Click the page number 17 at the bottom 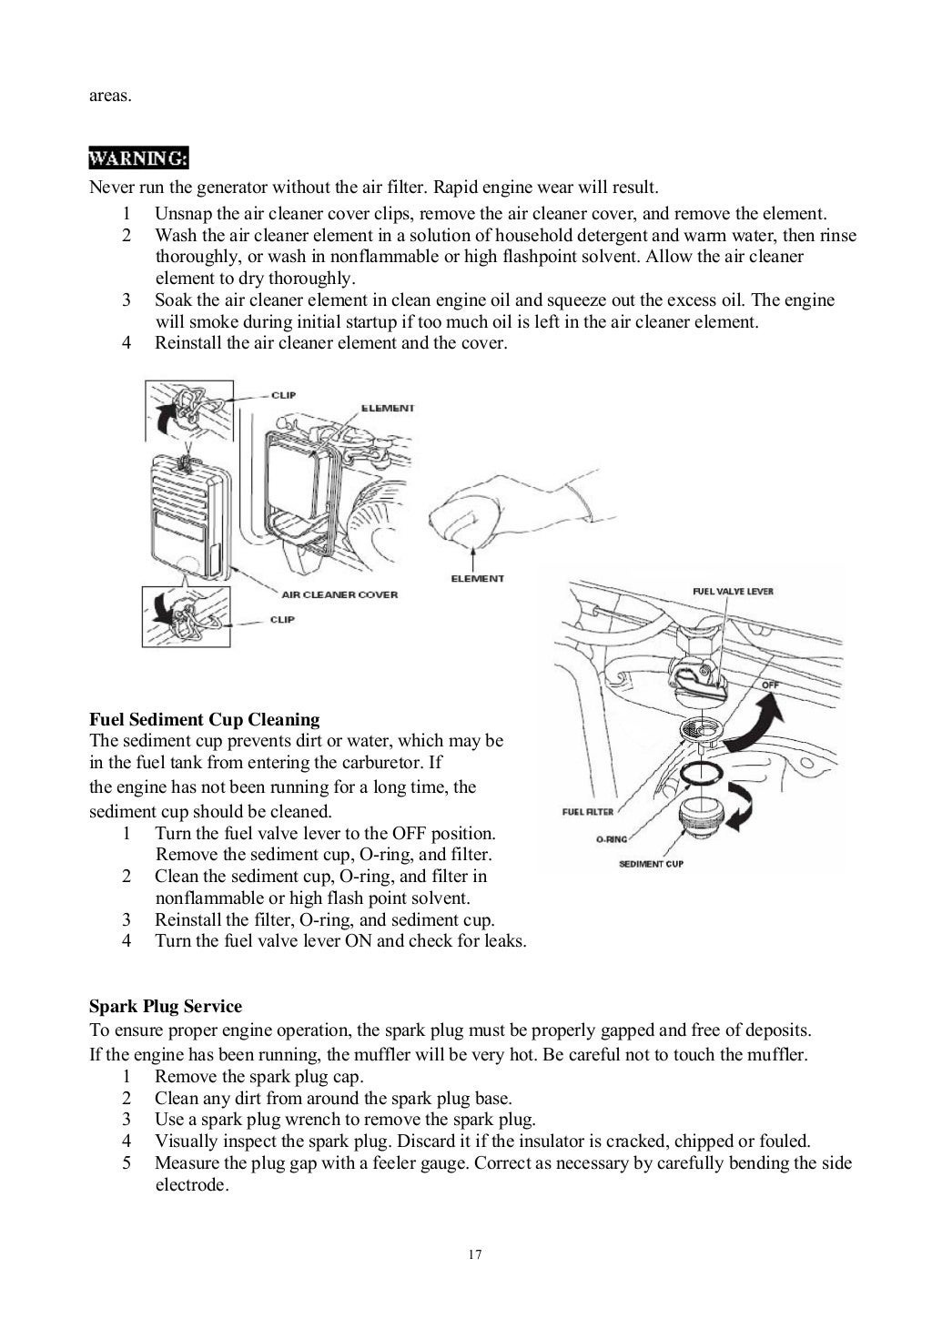coord(474,1254)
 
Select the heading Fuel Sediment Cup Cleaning coord(204,720)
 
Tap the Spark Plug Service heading coord(166,1007)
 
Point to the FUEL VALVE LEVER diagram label coord(733,591)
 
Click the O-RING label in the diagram coord(612,839)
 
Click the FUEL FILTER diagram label coord(587,811)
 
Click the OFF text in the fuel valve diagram coord(770,684)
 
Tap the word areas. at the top coord(109,95)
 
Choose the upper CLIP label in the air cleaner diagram coord(283,395)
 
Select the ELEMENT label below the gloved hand coord(477,578)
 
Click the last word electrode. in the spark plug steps coord(191,1185)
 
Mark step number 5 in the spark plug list coord(127,1162)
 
